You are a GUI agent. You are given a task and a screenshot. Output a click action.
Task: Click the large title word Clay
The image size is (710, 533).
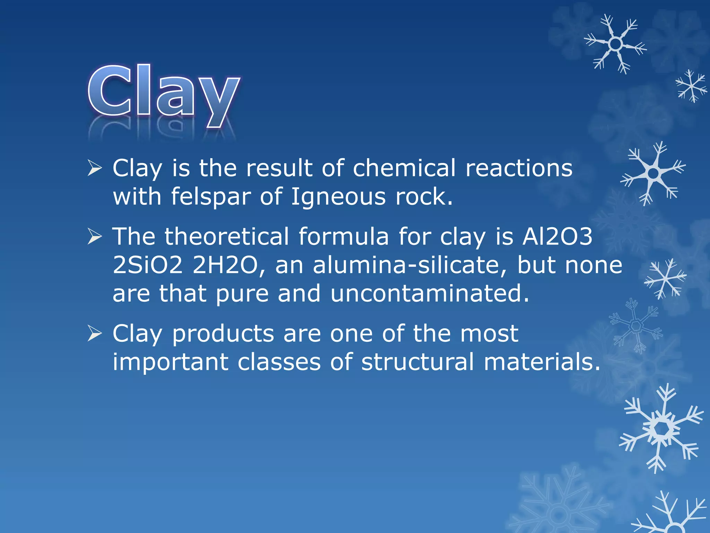pyautogui.click(x=164, y=92)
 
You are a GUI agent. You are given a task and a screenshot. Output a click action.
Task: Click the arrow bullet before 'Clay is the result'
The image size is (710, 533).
pyautogui.click(x=94, y=168)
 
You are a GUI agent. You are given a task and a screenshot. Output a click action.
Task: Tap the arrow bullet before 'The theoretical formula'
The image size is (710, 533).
pyautogui.click(x=94, y=237)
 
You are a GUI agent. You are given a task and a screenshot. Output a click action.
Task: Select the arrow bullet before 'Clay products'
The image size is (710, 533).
pyautogui.click(x=94, y=334)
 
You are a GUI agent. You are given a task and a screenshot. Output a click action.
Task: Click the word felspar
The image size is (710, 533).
pyautogui.click(x=211, y=196)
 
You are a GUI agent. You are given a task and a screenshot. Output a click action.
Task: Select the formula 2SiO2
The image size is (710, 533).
pyautogui.click(x=148, y=265)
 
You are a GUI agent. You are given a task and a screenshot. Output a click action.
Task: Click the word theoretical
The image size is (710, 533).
pyautogui.click(x=227, y=237)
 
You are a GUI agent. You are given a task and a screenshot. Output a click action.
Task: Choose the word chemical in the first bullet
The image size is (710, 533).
pyautogui.click(x=404, y=168)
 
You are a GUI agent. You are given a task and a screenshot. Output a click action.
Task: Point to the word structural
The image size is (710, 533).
pyautogui.click(x=417, y=362)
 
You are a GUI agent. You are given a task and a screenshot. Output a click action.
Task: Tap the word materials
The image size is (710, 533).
pyautogui.click(x=542, y=362)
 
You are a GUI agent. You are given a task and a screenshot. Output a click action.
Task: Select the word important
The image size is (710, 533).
pyautogui.click(x=171, y=363)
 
